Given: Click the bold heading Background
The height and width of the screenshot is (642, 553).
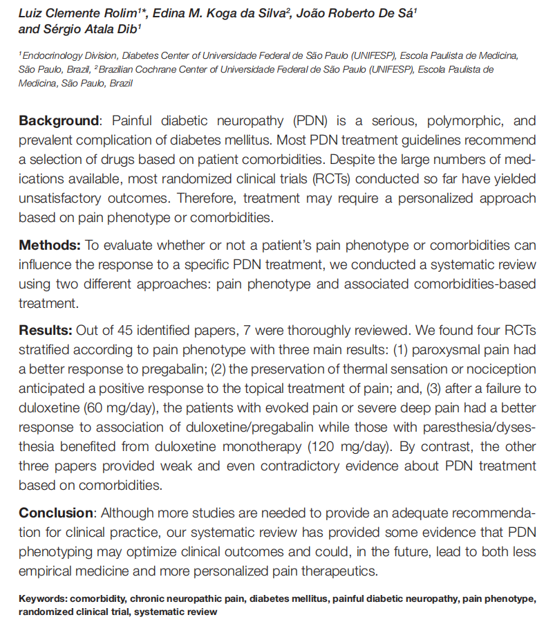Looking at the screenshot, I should [x=59, y=120].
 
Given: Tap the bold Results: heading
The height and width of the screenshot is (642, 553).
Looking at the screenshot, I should [x=46, y=329].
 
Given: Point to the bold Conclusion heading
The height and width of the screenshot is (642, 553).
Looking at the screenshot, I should [x=56, y=513].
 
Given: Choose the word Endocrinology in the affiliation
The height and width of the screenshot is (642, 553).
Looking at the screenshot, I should [x=53, y=55].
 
